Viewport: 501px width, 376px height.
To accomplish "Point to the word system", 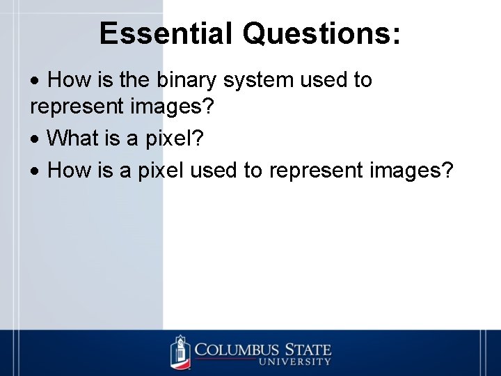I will [x=258, y=81].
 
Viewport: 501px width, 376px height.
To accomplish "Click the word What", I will [x=73, y=138].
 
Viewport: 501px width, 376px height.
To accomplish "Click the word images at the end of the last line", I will [x=413, y=169].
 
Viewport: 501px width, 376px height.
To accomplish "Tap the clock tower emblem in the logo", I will [x=180, y=352].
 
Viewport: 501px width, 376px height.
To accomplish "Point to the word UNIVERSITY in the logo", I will [x=295, y=361].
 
